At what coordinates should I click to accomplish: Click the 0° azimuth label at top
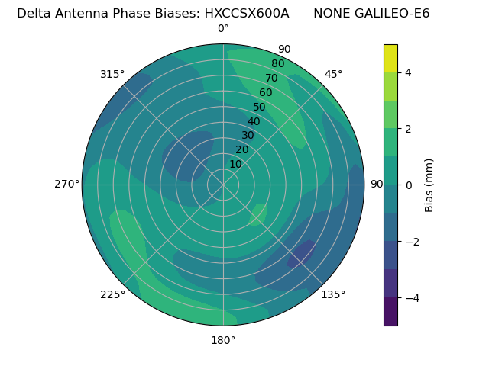(223, 29)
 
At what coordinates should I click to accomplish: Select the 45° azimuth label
(334, 74)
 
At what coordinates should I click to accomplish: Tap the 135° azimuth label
(333, 294)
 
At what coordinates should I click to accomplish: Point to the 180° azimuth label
(223, 340)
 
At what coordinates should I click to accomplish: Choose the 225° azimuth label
(112, 294)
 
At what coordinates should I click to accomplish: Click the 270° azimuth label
(66, 184)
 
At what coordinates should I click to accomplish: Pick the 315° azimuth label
(112, 74)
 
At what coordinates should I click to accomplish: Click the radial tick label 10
(235, 164)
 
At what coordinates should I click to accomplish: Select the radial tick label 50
(259, 107)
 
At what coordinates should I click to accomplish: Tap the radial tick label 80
(278, 64)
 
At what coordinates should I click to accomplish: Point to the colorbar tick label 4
(409, 72)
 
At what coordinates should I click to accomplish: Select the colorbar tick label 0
(409, 185)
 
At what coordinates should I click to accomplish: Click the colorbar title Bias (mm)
(429, 185)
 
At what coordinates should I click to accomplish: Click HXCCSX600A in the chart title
(246, 14)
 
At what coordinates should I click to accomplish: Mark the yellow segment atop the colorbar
(390, 58)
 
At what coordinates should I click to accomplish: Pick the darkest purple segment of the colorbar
(390, 312)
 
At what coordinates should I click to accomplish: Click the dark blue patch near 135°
(302, 254)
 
